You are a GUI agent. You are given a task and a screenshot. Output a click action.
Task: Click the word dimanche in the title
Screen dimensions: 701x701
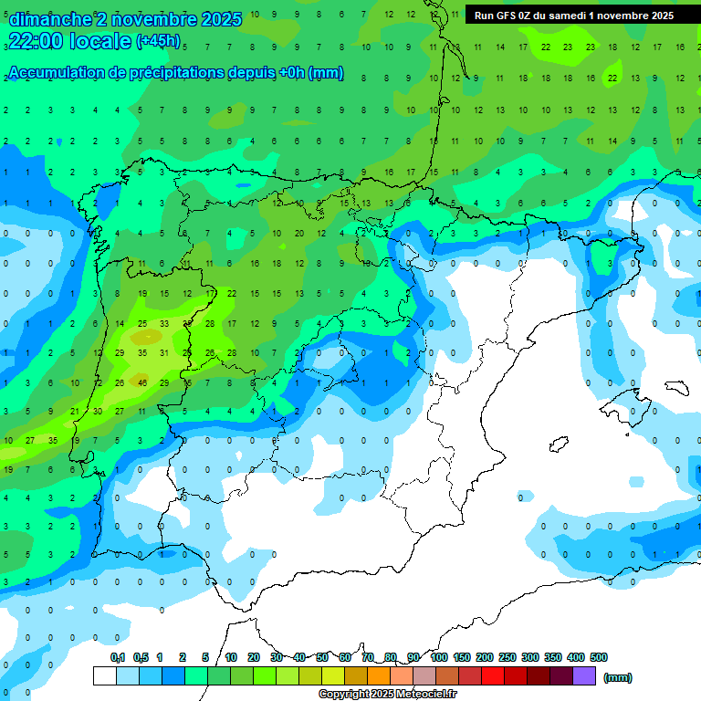50,19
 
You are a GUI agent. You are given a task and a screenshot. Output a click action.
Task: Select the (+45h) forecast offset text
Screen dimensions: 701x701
158,41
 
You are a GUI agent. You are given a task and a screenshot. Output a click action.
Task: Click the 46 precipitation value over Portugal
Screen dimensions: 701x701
142,382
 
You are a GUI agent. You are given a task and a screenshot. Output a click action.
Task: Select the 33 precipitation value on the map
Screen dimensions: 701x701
164,323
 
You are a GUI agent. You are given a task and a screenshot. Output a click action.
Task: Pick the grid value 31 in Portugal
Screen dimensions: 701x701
164,352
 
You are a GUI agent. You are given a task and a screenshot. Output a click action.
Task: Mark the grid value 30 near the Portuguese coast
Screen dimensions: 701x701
98,412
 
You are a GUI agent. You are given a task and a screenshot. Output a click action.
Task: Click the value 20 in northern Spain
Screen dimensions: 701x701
298,233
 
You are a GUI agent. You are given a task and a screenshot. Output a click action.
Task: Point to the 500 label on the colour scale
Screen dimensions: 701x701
599,657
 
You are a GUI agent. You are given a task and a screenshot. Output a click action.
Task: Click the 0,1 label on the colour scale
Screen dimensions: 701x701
118,657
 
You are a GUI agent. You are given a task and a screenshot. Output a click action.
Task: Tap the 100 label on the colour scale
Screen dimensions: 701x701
439,657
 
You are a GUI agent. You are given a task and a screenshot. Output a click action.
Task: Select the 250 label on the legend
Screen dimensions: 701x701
507,657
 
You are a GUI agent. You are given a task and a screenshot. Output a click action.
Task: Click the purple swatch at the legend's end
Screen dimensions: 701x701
584,675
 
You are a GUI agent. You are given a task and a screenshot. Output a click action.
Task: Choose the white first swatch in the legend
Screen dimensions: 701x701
105,675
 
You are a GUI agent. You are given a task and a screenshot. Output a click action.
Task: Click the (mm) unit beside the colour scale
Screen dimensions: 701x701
618,677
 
